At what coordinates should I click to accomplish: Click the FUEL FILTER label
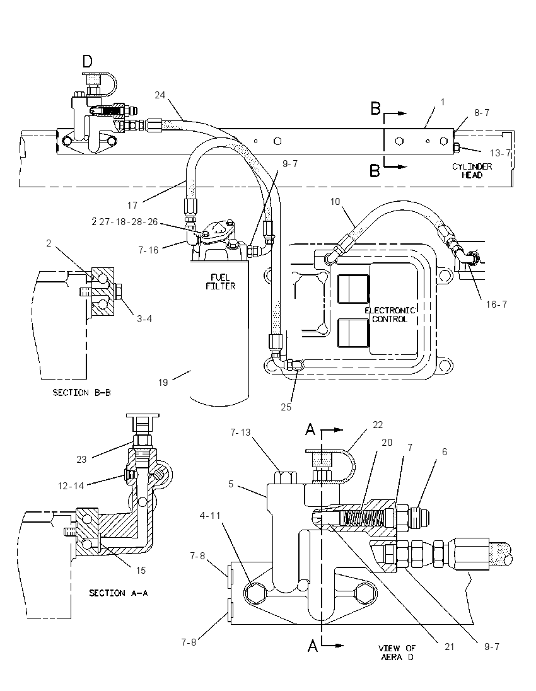(x=221, y=282)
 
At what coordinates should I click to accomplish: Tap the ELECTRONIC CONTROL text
(x=390, y=315)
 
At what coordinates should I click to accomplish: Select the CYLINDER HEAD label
(x=472, y=171)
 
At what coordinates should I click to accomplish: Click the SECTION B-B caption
(x=81, y=392)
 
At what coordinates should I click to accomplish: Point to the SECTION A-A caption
(x=118, y=593)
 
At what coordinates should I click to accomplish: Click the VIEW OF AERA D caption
(x=397, y=652)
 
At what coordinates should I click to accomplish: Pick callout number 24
(x=160, y=95)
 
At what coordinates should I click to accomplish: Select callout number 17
(x=132, y=205)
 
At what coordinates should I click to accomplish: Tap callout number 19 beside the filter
(x=163, y=383)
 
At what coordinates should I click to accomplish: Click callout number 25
(x=286, y=407)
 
